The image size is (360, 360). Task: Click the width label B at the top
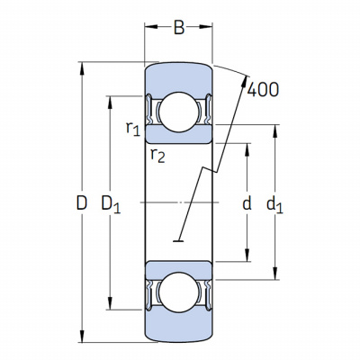[x=179, y=28]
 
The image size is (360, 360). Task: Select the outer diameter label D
[x=81, y=202]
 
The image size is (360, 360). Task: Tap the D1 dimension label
[x=111, y=204]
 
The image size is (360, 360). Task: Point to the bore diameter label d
[x=247, y=202]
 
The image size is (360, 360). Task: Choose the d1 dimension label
[x=274, y=205]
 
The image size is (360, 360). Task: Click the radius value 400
[x=264, y=89]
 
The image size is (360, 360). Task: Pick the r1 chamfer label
[x=133, y=129]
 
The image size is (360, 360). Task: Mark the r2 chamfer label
[x=157, y=156]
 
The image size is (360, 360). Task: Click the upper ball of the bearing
[x=179, y=112]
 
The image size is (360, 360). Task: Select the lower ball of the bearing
[x=179, y=292]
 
